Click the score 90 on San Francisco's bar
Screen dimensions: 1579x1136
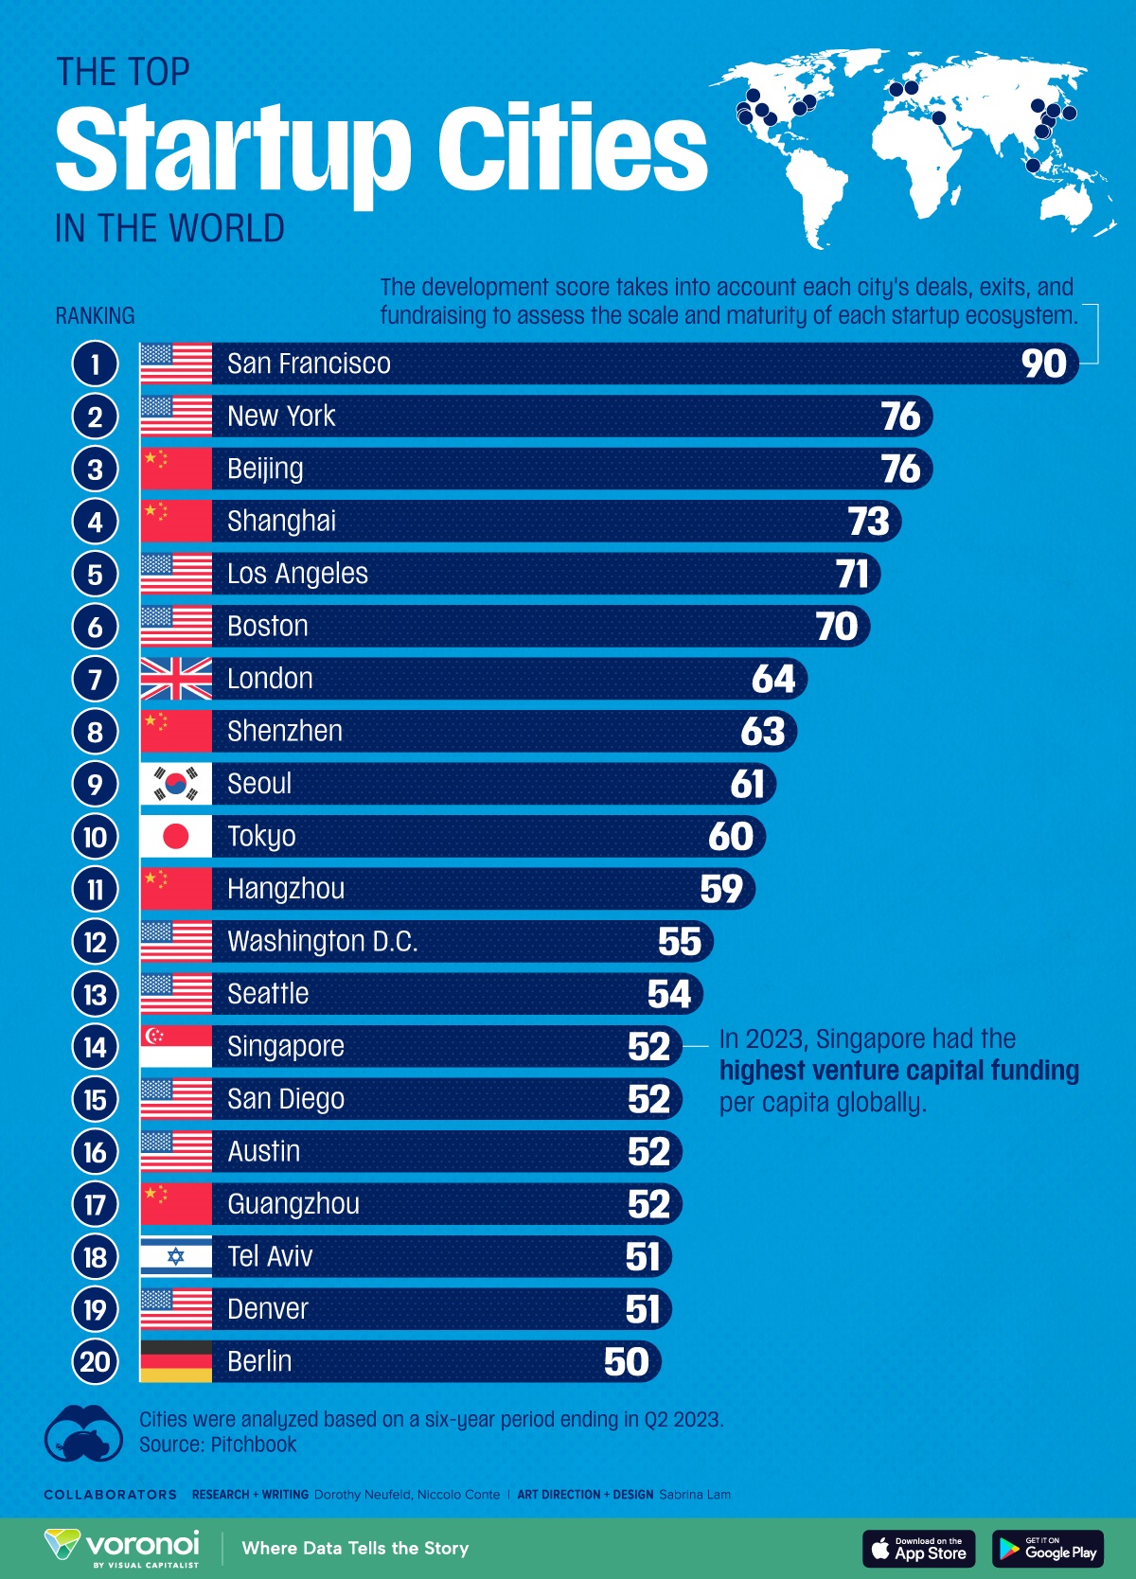(x=1043, y=364)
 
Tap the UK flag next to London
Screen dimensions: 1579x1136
(x=176, y=679)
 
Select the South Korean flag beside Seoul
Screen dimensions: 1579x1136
(x=176, y=784)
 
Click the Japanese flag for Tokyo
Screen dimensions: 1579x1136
(x=176, y=837)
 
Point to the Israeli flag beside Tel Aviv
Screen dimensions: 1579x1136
(x=176, y=1257)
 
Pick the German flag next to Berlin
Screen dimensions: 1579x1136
(x=176, y=1362)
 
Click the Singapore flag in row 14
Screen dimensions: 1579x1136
(x=176, y=1047)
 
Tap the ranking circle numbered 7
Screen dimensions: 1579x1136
(x=95, y=679)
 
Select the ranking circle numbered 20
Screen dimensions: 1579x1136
(x=95, y=1362)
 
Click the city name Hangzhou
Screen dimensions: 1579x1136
(x=286, y=889)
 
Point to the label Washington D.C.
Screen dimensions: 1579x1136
(x=322, y=942)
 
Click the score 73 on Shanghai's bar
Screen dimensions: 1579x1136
(x=868, y=522)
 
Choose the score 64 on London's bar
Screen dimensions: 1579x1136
(x=773, y=679)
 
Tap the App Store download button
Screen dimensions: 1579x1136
(x=918, y=1549)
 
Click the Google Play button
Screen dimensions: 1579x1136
(x=1048, y=1549)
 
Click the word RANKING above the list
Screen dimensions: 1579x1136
(x=95, y=316)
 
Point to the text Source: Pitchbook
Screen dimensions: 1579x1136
(x=218, y=1445)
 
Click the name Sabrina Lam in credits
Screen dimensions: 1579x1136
(x=695, y=1495)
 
